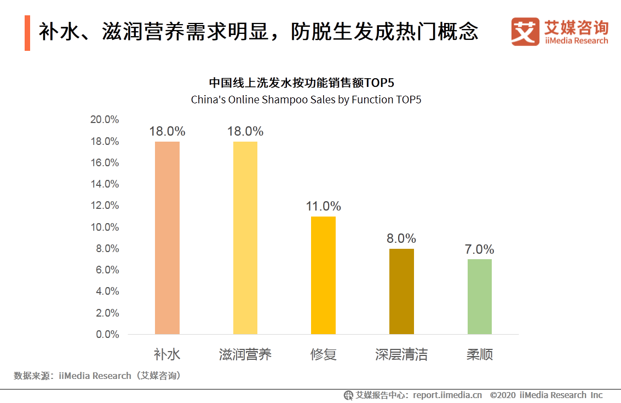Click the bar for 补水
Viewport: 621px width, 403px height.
167,238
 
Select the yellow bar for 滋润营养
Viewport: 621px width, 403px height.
245,238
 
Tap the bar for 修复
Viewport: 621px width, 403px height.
323,275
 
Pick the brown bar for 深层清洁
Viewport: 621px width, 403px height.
401,291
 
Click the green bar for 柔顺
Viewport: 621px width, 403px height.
480,296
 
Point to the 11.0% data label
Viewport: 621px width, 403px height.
324,206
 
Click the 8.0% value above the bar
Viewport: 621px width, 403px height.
401,238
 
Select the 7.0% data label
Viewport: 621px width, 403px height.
480,249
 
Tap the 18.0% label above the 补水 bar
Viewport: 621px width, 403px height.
167,131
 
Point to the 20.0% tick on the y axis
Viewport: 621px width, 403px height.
104,120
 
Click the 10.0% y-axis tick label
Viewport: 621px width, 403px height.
104,227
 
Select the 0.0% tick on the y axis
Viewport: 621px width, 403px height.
107,334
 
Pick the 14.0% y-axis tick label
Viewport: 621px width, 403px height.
104,184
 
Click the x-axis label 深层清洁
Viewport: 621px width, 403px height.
401,354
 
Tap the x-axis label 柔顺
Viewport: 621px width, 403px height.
480,354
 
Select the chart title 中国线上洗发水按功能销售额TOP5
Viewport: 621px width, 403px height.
301,83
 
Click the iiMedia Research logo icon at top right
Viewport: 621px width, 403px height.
525,32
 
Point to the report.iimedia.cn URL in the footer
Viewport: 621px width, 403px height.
447,395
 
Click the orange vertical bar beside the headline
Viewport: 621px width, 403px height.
27,33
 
